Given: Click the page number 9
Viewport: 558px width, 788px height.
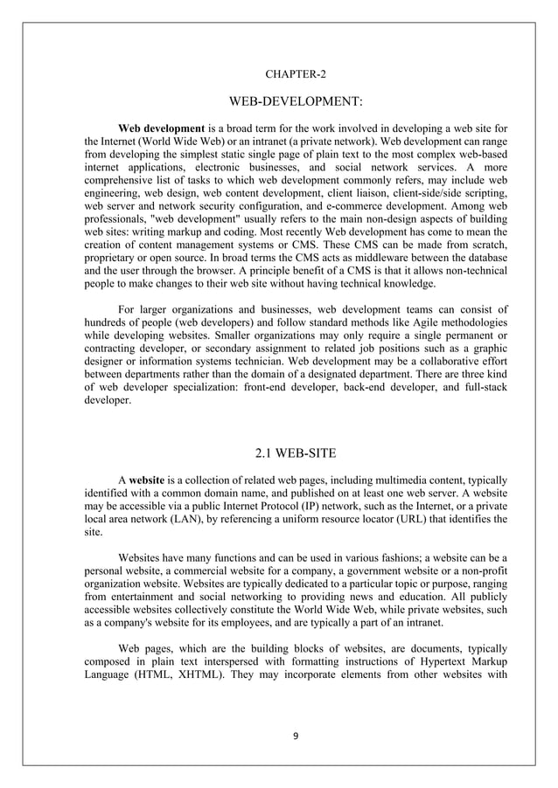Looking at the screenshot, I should coord(296,736).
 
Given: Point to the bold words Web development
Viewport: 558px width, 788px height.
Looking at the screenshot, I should coord(161,128).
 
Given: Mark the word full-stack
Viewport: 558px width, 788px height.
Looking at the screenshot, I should coord(482,384).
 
